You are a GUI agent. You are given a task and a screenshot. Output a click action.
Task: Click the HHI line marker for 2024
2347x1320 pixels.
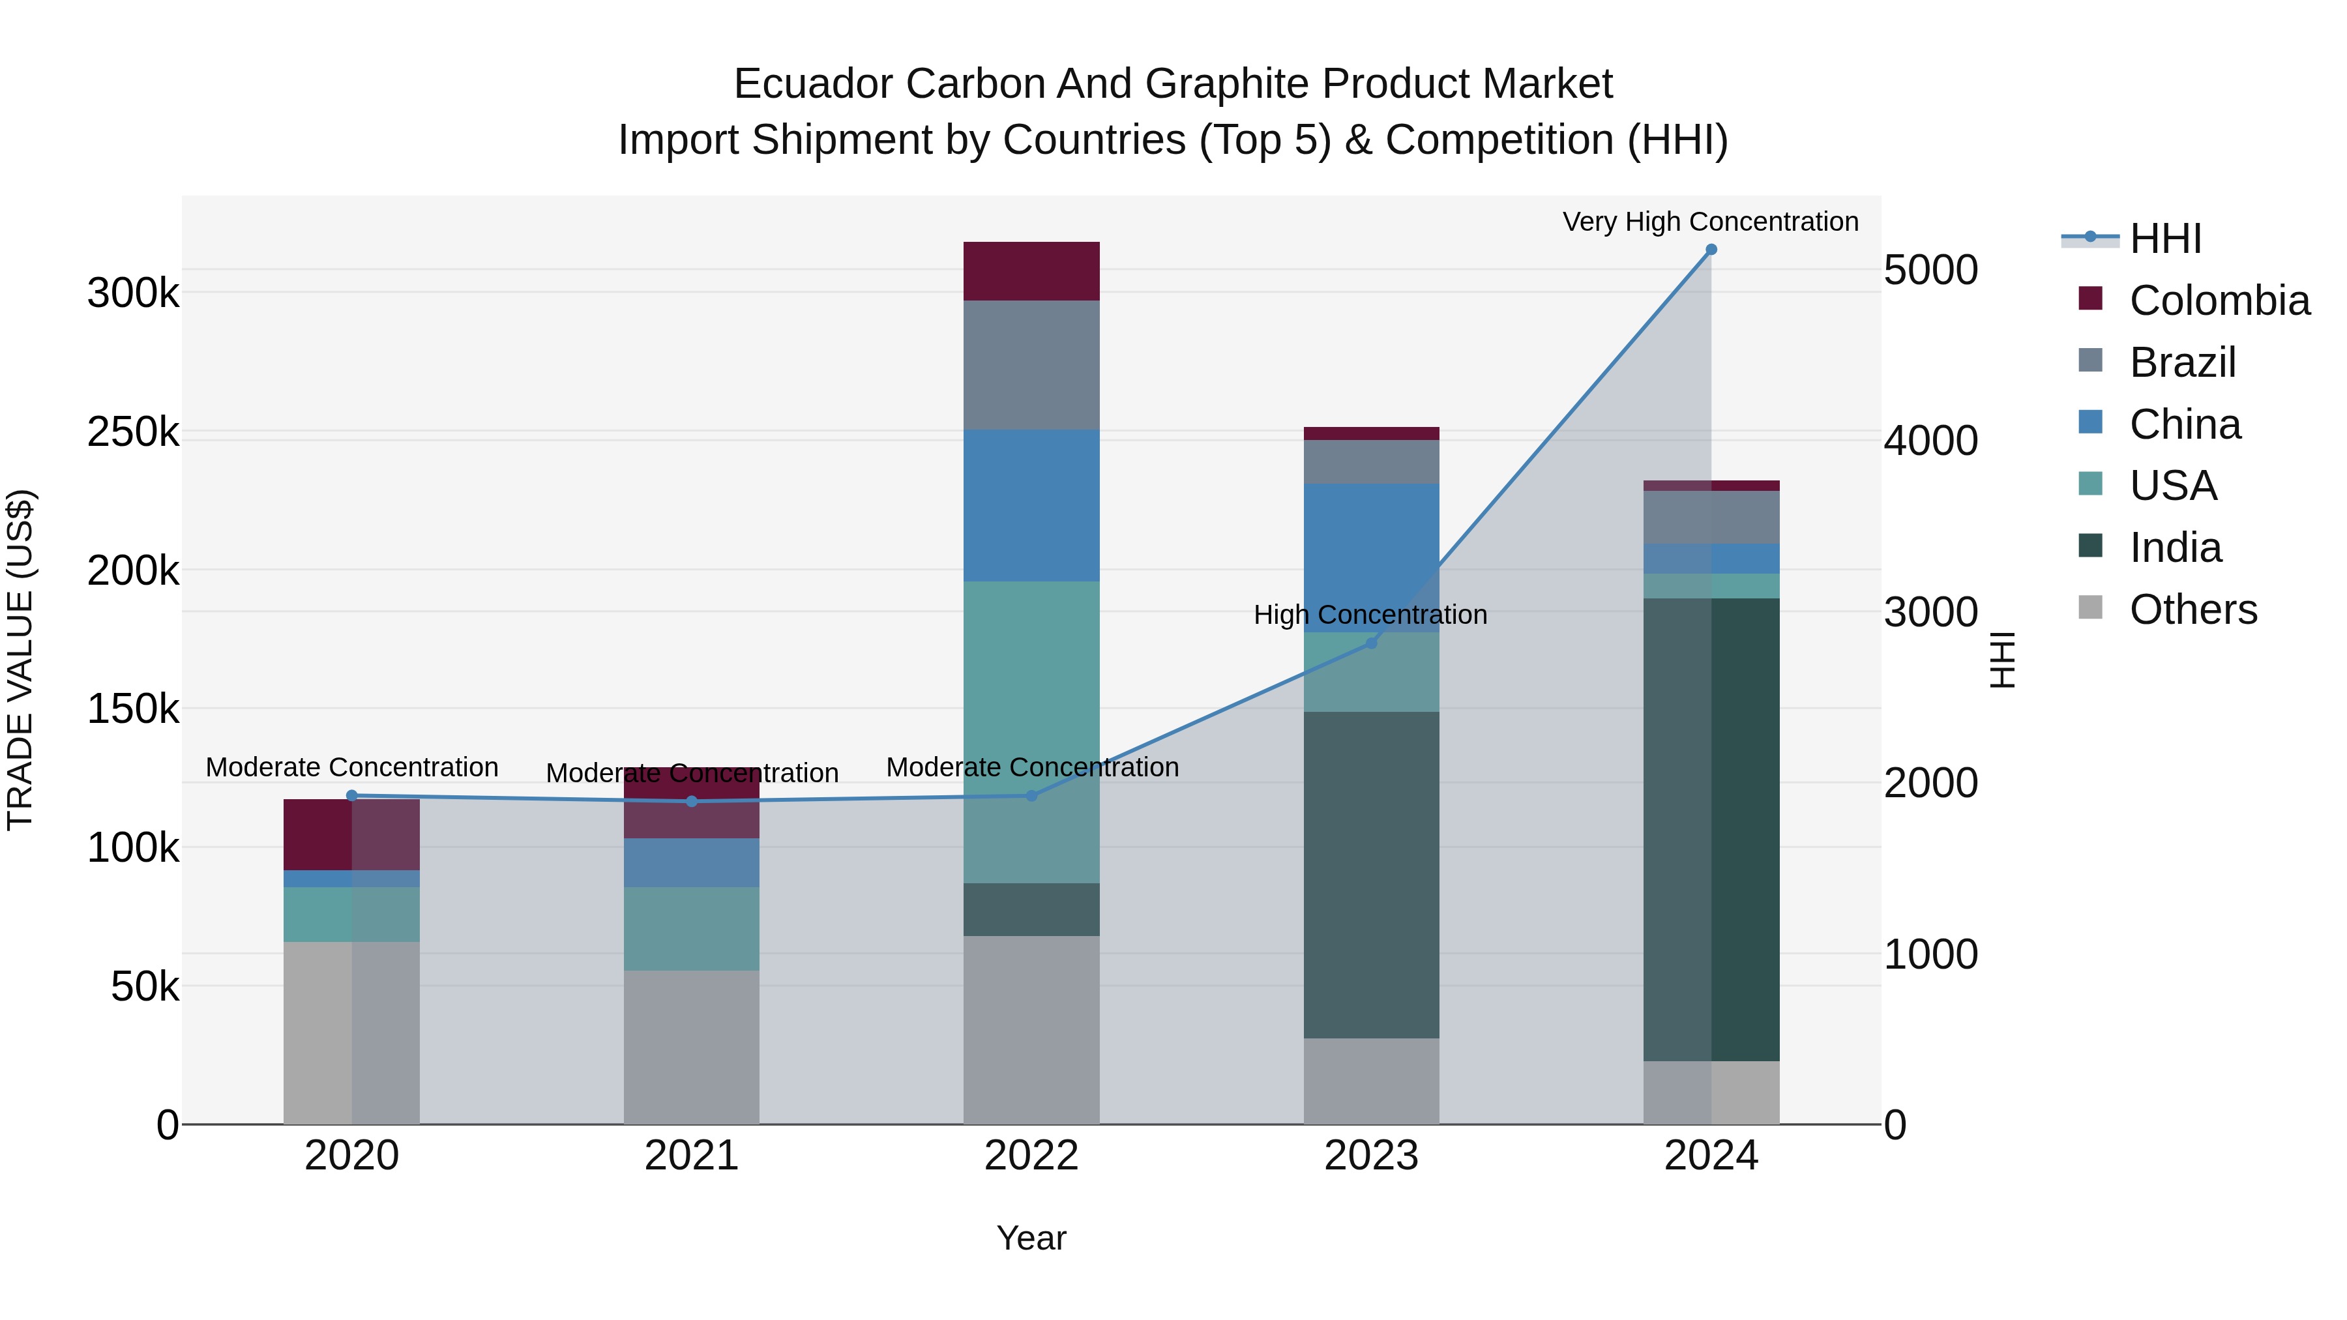click(1711, 250)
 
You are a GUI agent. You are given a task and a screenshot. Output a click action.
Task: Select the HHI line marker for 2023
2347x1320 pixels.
click(1371, 643)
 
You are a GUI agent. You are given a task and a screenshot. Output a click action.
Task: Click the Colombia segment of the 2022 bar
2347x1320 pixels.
click(1031, 271)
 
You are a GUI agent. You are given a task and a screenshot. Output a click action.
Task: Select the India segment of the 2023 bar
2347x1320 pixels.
click(1371, 875)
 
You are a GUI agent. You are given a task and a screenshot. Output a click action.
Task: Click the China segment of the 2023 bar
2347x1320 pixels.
click(1371, 557)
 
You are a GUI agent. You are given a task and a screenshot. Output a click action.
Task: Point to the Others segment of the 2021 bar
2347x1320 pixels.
click(692, 1048)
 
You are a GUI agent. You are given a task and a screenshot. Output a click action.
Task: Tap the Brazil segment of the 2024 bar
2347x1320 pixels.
click(1711, 518)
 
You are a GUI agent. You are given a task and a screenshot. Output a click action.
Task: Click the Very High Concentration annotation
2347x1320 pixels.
click(1710, 222)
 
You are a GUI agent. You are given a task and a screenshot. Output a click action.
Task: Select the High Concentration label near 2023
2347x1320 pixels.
click(1370, 615)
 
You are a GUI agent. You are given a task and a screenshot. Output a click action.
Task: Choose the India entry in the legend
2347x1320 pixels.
click(2175, 548)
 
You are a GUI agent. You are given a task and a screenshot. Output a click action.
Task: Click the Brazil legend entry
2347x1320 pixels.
click(2182, 362)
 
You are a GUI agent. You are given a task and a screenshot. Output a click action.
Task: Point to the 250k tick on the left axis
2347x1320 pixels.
click(133, 432)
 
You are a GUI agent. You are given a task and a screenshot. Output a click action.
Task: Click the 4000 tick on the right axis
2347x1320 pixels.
click(1930, 441)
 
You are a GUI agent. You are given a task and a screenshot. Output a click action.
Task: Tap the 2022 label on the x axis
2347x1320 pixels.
click(1031, 1156)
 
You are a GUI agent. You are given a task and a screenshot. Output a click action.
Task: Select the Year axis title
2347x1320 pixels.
click(1031, 1238)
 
